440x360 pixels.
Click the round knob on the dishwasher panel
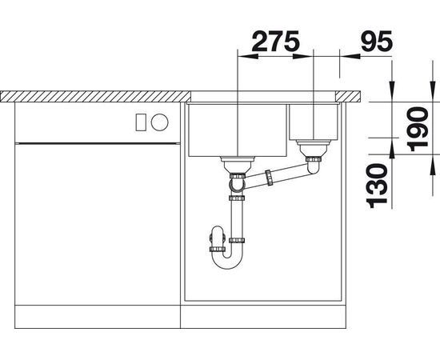point(159,122)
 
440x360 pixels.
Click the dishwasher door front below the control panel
point(96,224)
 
